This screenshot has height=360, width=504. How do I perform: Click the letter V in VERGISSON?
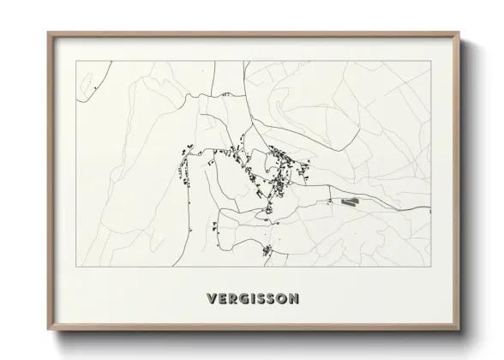pos(211,299)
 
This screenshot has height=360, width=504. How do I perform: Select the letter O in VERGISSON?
pos(282,299)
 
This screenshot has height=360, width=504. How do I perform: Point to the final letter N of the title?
pos(294,299)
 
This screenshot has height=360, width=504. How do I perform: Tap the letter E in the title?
pos(221,299)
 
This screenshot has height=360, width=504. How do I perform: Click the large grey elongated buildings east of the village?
pos(349,202)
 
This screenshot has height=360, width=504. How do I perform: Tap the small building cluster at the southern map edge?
pos(267,251)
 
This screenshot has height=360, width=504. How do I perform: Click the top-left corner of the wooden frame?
pos(49,33)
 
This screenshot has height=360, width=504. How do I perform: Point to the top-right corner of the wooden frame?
pos(460,33)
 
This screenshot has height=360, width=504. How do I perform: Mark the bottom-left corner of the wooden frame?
pos(49,330)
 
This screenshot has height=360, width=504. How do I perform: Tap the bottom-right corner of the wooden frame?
pos(460,330)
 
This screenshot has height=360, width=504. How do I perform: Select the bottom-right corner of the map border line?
pos(430,267)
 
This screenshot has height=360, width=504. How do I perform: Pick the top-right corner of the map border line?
pos(430,62)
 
